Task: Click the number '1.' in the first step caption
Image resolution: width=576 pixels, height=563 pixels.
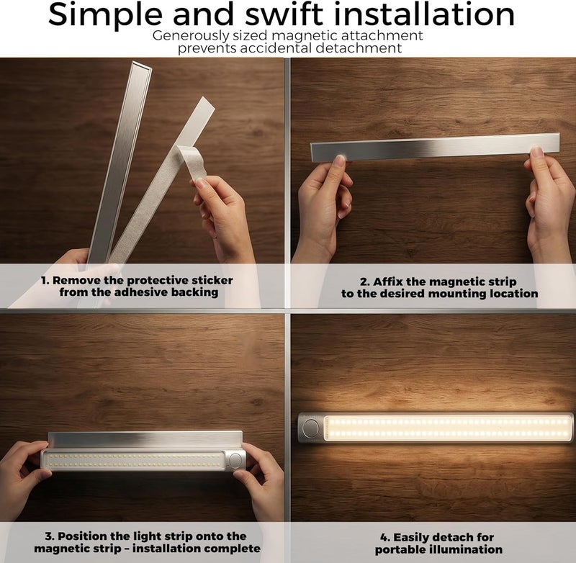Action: pyautogui.click(x=45, y=281)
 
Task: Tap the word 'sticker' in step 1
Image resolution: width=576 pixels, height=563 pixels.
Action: pyautogui.click(x=212, y=281)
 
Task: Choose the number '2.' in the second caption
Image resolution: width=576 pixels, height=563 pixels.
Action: pyautogui.click(x=365, y=282)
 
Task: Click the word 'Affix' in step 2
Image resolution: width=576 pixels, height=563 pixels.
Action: pyautogui.click(x=388, y=281)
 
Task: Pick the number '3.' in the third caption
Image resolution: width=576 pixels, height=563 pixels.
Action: pyautogui.click(x=50, y=536)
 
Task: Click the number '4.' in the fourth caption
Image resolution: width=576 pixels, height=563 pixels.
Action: pyautogui.click(x=385, y=538)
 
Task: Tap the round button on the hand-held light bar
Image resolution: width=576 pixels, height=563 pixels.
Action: pyautogui.click(x=235, y=460)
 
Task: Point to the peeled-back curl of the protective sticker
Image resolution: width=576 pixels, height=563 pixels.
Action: pyautogui.click(x=189, y=161)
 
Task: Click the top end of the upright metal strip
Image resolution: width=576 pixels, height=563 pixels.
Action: pyautogui.click(x=142, y=65)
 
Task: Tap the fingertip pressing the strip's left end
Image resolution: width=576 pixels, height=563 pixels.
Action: pyautogui.click(x=339, y=160)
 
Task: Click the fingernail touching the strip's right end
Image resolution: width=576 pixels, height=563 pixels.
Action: pyautogui.click(x=536, y=151)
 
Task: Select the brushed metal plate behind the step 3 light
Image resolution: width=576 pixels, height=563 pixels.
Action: pyautogui.click(x=145, y=439)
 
